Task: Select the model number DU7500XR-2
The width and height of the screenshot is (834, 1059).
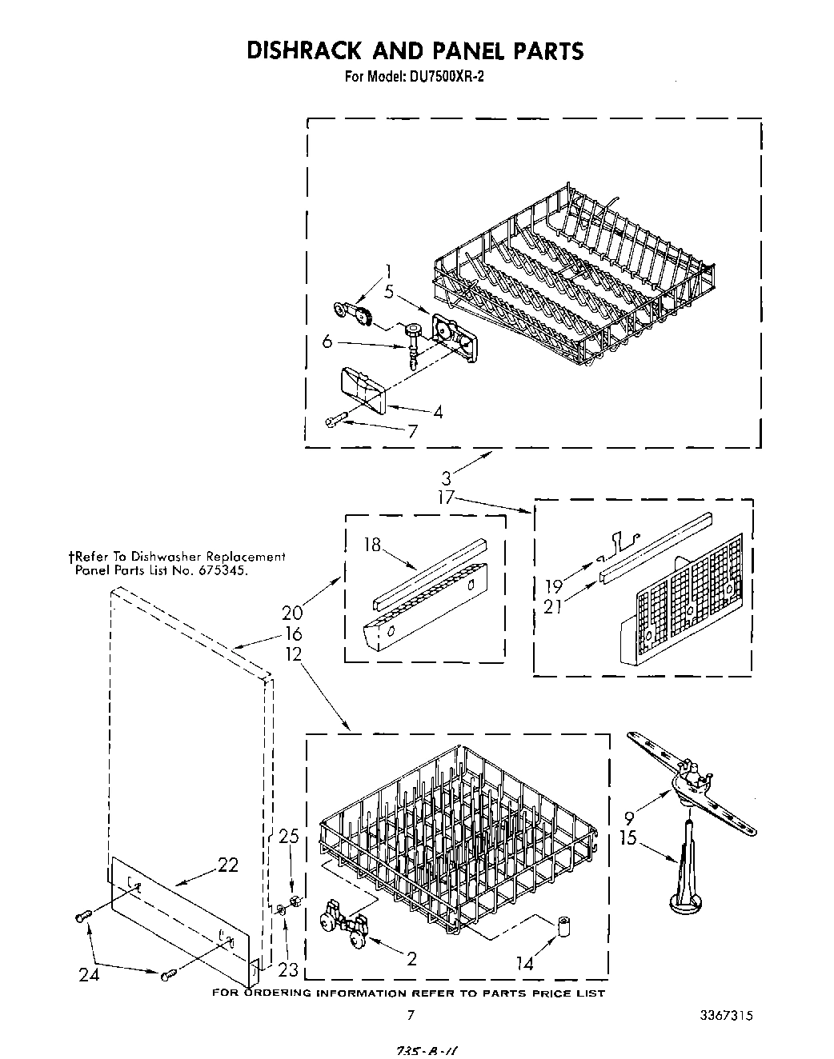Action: [x=443, y=78]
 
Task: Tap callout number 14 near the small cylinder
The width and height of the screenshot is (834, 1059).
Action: [x=524, y=964]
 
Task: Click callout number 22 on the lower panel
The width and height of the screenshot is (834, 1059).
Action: [x=228, y=865]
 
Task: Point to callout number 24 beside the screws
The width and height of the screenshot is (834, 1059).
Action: [x=89, y=974]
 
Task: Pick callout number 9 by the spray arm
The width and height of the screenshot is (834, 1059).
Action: [x=629, y=818]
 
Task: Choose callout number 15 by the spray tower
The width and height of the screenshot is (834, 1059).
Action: [x=629, y=838]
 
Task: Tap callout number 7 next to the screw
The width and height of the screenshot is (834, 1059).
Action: [x=412, y=431]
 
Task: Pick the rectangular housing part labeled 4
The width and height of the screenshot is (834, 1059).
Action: [x=363, y=389]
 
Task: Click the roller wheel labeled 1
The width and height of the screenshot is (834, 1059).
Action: [x=355, y=314]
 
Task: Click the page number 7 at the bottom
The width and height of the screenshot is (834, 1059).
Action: [x=411, y=1016]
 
